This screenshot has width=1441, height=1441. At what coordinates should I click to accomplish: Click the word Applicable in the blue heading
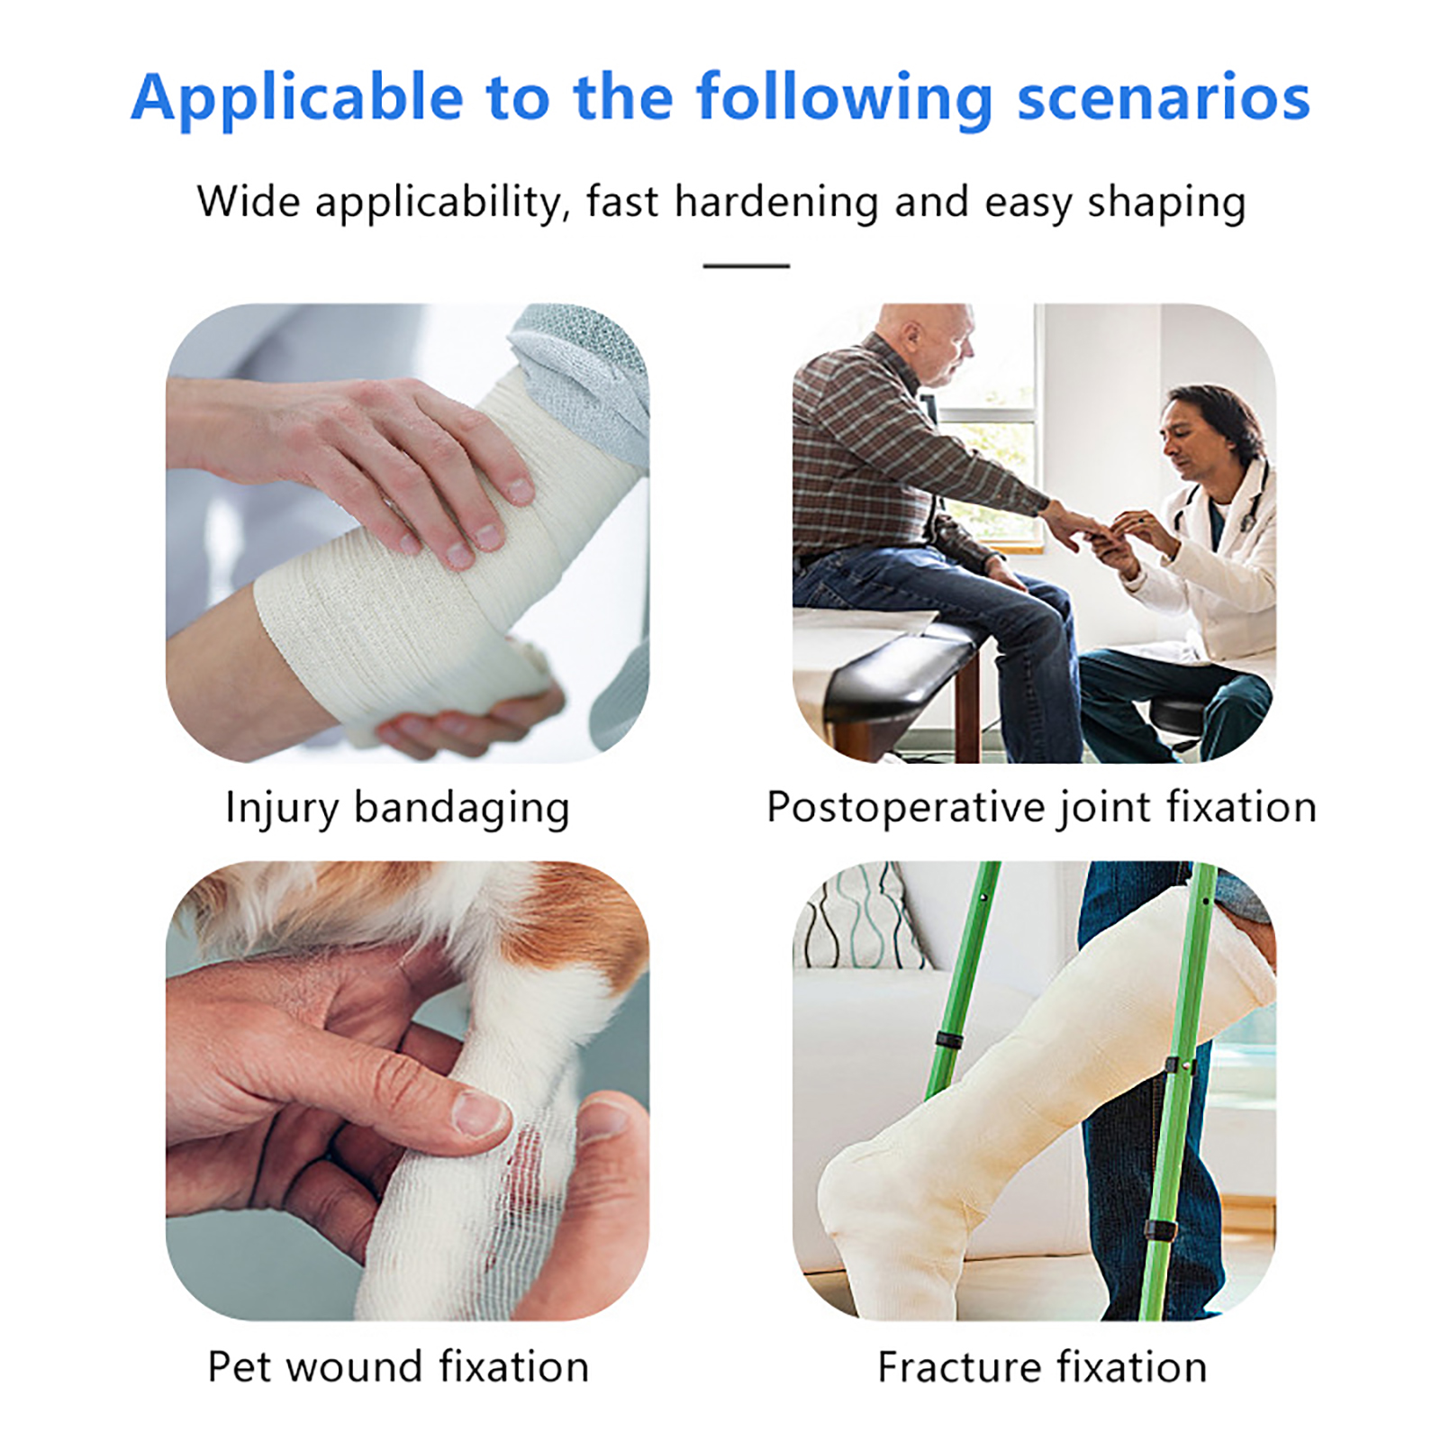point(297,97)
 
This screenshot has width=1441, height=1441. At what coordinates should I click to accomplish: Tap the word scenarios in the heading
point(1164,97)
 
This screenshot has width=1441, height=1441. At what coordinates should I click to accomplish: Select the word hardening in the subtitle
point(776,202)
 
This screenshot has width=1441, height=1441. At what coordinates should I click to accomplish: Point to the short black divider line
point(746,266)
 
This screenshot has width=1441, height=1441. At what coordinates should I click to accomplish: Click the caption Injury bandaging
point(397,808)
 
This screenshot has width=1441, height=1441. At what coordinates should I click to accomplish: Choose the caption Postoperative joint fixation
point(1041,807)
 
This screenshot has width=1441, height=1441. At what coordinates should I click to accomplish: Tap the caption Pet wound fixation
point(398,1366)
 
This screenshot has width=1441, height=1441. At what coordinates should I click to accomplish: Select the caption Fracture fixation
point(1042,1367)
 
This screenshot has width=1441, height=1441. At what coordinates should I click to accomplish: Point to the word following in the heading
point(844,97)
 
